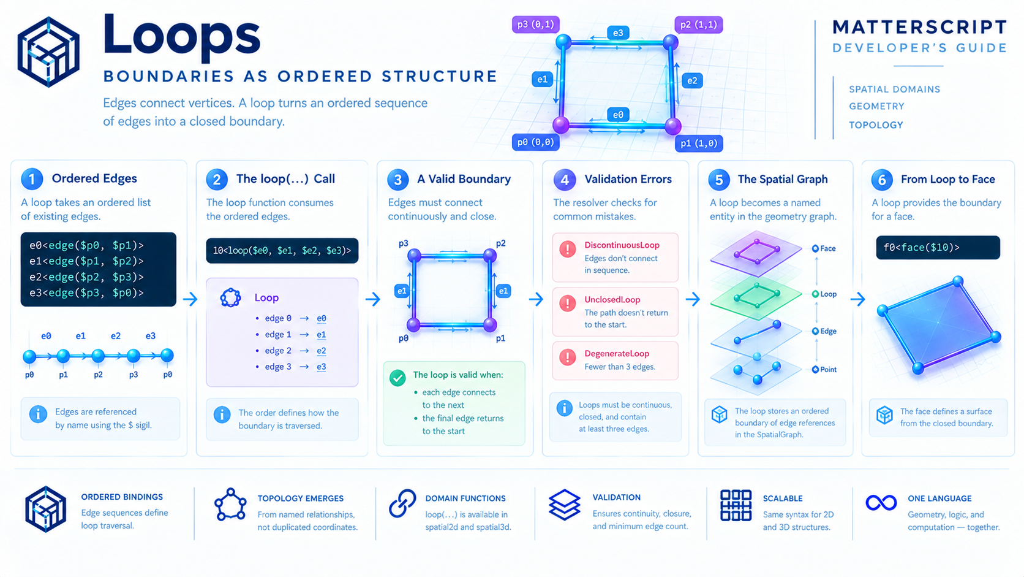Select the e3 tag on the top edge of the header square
pyautogui.click(x=617, y=33)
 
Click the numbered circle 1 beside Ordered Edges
pyautogui.click(x=32, y=179)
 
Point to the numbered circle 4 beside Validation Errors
pyautogui.click(x=565, y=180)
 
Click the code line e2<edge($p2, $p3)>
pyautogui.click(x=86, y=277)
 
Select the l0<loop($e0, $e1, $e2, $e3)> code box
pyautogui.click(x=282, y=250)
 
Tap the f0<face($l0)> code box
pyautogui.click(x=938, y=248)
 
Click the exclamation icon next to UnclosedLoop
pyautogui.click(x=568, y=304)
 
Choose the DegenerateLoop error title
pyautogui.click(x=617, y=354)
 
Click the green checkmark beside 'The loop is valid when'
pyautogui.click(x=397, y=378)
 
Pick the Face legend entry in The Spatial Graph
pyautogui.click(x=824, y=248)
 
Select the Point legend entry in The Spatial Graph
pyautogui.click(x=824, y=369)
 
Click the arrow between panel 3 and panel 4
pyautogui.click(x=536, y=299)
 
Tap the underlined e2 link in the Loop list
pyautogui.click(x=322, y=351)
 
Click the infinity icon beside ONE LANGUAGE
pyautogui.click(x=881, y=503)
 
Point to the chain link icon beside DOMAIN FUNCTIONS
pyautogui.click(x=402, y=503)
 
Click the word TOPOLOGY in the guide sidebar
pyautogui.click(x=876, y=125)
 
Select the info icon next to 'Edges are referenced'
pyautogui.click(x=38, y=414)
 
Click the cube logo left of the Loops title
pyautogui.click(x=48, y=52)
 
